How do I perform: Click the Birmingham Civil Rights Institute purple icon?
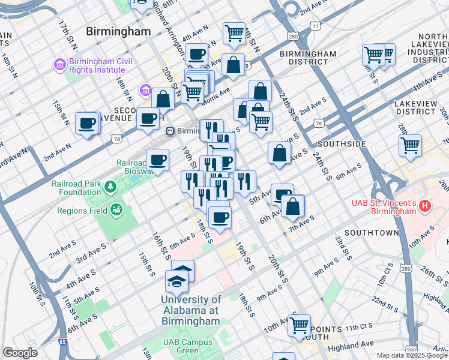[59, 64]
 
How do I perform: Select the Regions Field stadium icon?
[115, 210]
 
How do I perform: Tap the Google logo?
[20, 353]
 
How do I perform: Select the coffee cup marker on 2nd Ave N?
[87, 124]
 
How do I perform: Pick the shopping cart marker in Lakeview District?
[410, 145]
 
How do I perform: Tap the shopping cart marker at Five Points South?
[298, 325]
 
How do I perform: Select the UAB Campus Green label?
[180, 346]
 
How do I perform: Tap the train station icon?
[170, 131]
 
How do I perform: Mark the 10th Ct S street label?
[384, 277]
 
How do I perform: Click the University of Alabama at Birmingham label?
[191, 310]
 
